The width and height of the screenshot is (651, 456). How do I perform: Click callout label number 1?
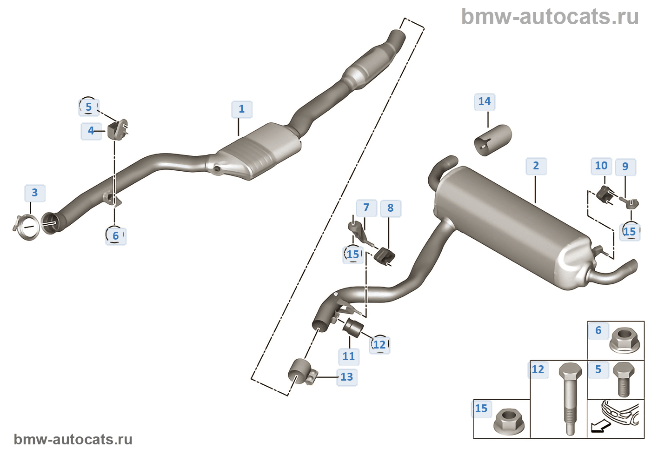[x=242, y=109]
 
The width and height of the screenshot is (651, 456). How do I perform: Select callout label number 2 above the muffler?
[x=536, y=166]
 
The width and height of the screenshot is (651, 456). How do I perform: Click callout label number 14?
[x=485, y=102]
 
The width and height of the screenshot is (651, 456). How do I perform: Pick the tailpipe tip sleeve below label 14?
[x=493, y=140]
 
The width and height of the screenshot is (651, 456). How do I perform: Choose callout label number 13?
[x=346, y=377]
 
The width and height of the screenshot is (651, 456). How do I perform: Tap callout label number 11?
[x=349, y=356]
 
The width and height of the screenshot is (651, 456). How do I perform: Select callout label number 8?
[x=390, y=208]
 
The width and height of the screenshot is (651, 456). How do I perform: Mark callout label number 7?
[x=366, y=208]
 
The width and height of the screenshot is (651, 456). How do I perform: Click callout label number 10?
[x=601, y=166]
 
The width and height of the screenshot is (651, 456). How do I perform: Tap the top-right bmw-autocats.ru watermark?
[x=550, y=17]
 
